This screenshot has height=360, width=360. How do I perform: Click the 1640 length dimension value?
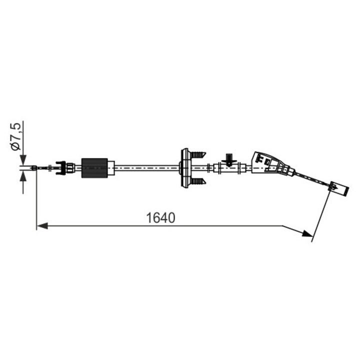coord(160,217)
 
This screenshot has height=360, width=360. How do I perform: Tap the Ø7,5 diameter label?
coord(15,136)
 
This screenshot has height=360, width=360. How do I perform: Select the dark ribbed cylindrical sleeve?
coord(94,168)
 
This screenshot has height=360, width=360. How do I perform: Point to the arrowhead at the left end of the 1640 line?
coord(42,225)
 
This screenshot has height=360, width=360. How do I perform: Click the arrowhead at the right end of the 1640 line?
coord(307,233)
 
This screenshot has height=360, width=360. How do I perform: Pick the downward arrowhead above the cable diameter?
coord(23,160)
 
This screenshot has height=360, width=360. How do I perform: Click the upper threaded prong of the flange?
coord(198,154)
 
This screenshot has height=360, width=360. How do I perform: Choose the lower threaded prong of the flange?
coord(198,181)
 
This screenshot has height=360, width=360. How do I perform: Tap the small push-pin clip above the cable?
coord(229,159)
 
